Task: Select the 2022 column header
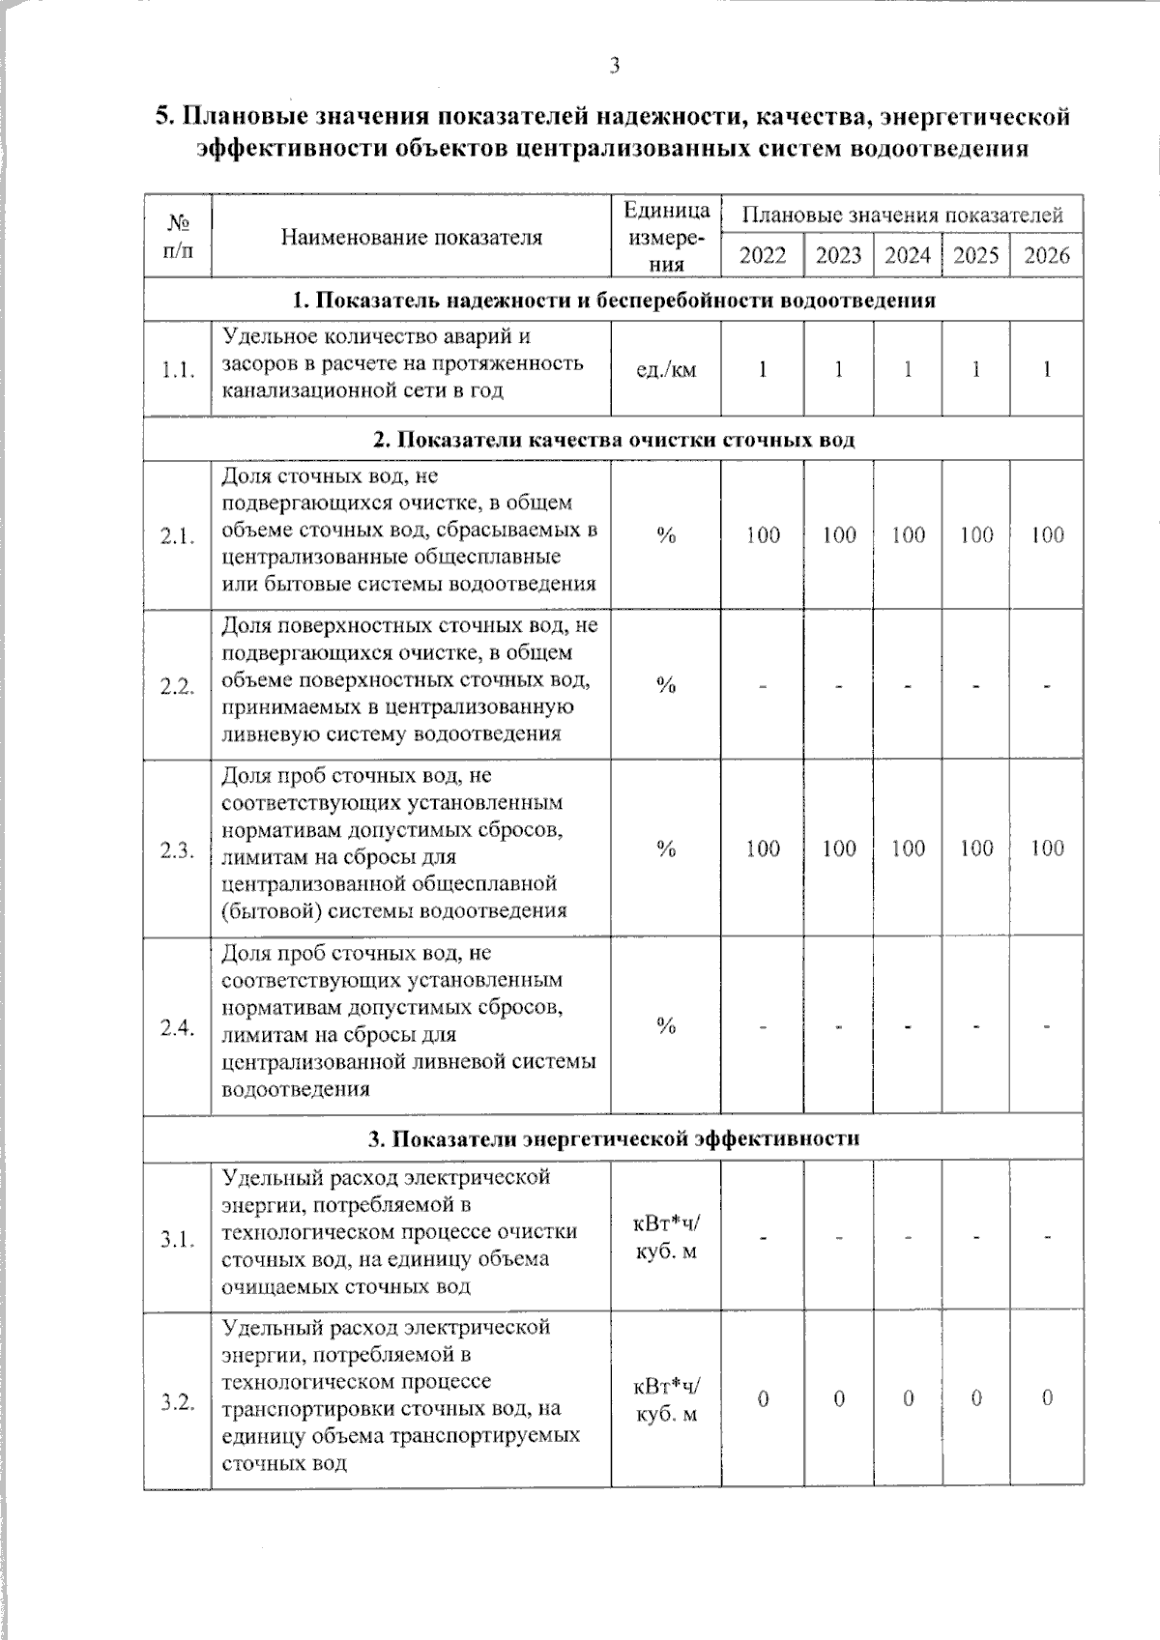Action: [763, 255]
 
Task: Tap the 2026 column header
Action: [1047, 255]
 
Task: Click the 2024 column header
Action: [908, 255]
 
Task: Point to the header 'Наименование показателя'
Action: [411, 238]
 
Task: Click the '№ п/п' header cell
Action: [178, 238]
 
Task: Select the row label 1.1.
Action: [178, 370]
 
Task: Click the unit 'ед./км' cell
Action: [666, 369]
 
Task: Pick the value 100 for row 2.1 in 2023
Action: [838, 534]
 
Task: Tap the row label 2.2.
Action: [178, 685]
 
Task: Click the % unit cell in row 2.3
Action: [666, 849]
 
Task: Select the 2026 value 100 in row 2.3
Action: [1047, 849]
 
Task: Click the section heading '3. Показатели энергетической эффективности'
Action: [614, 1138]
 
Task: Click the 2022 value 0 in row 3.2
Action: [763, 1398]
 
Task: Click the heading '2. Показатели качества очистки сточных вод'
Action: [614, 441]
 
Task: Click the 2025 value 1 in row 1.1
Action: [976, 369]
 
